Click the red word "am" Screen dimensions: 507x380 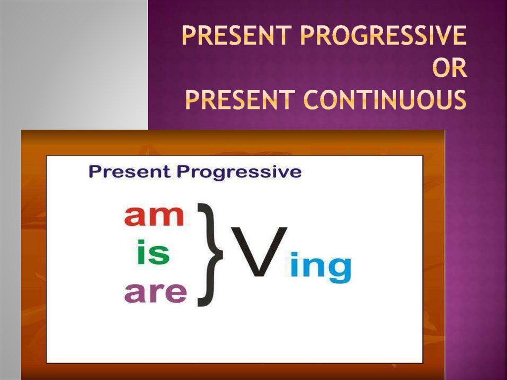coord(154,216)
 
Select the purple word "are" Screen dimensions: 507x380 coord(155,292)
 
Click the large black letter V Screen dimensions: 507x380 coord(259,252)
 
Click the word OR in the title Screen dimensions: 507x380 coord(450,68)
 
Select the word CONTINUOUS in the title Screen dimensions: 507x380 coord(385,100)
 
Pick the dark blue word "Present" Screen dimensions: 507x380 coord(130,171)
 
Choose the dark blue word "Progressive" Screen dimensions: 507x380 coord(239,172)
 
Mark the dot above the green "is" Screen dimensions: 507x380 coord(142,243)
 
